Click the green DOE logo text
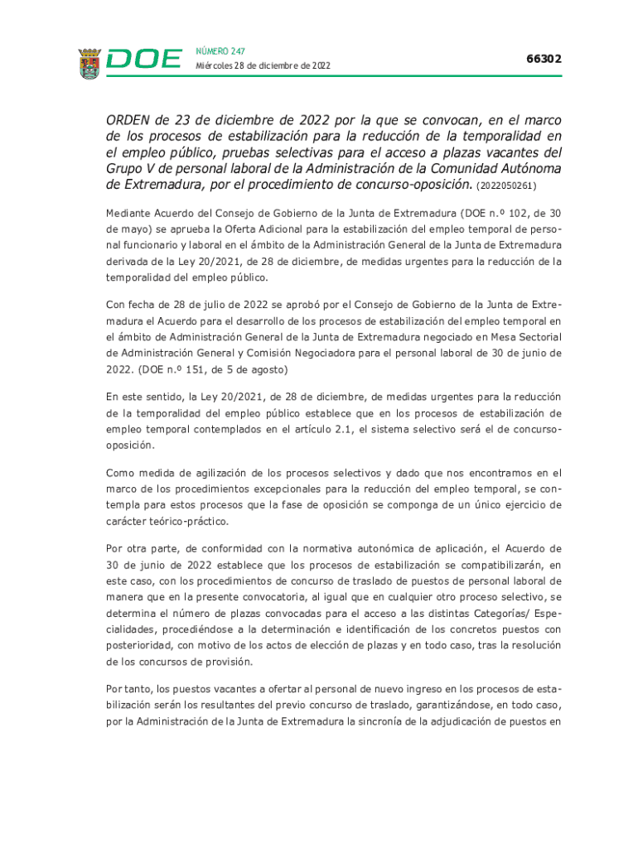[x=144, y=60]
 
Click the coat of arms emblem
[x=89, y=63]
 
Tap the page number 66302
[x=544, y=60]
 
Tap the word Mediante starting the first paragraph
[x=132, y=213]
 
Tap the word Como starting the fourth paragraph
[x=120, y=474]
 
